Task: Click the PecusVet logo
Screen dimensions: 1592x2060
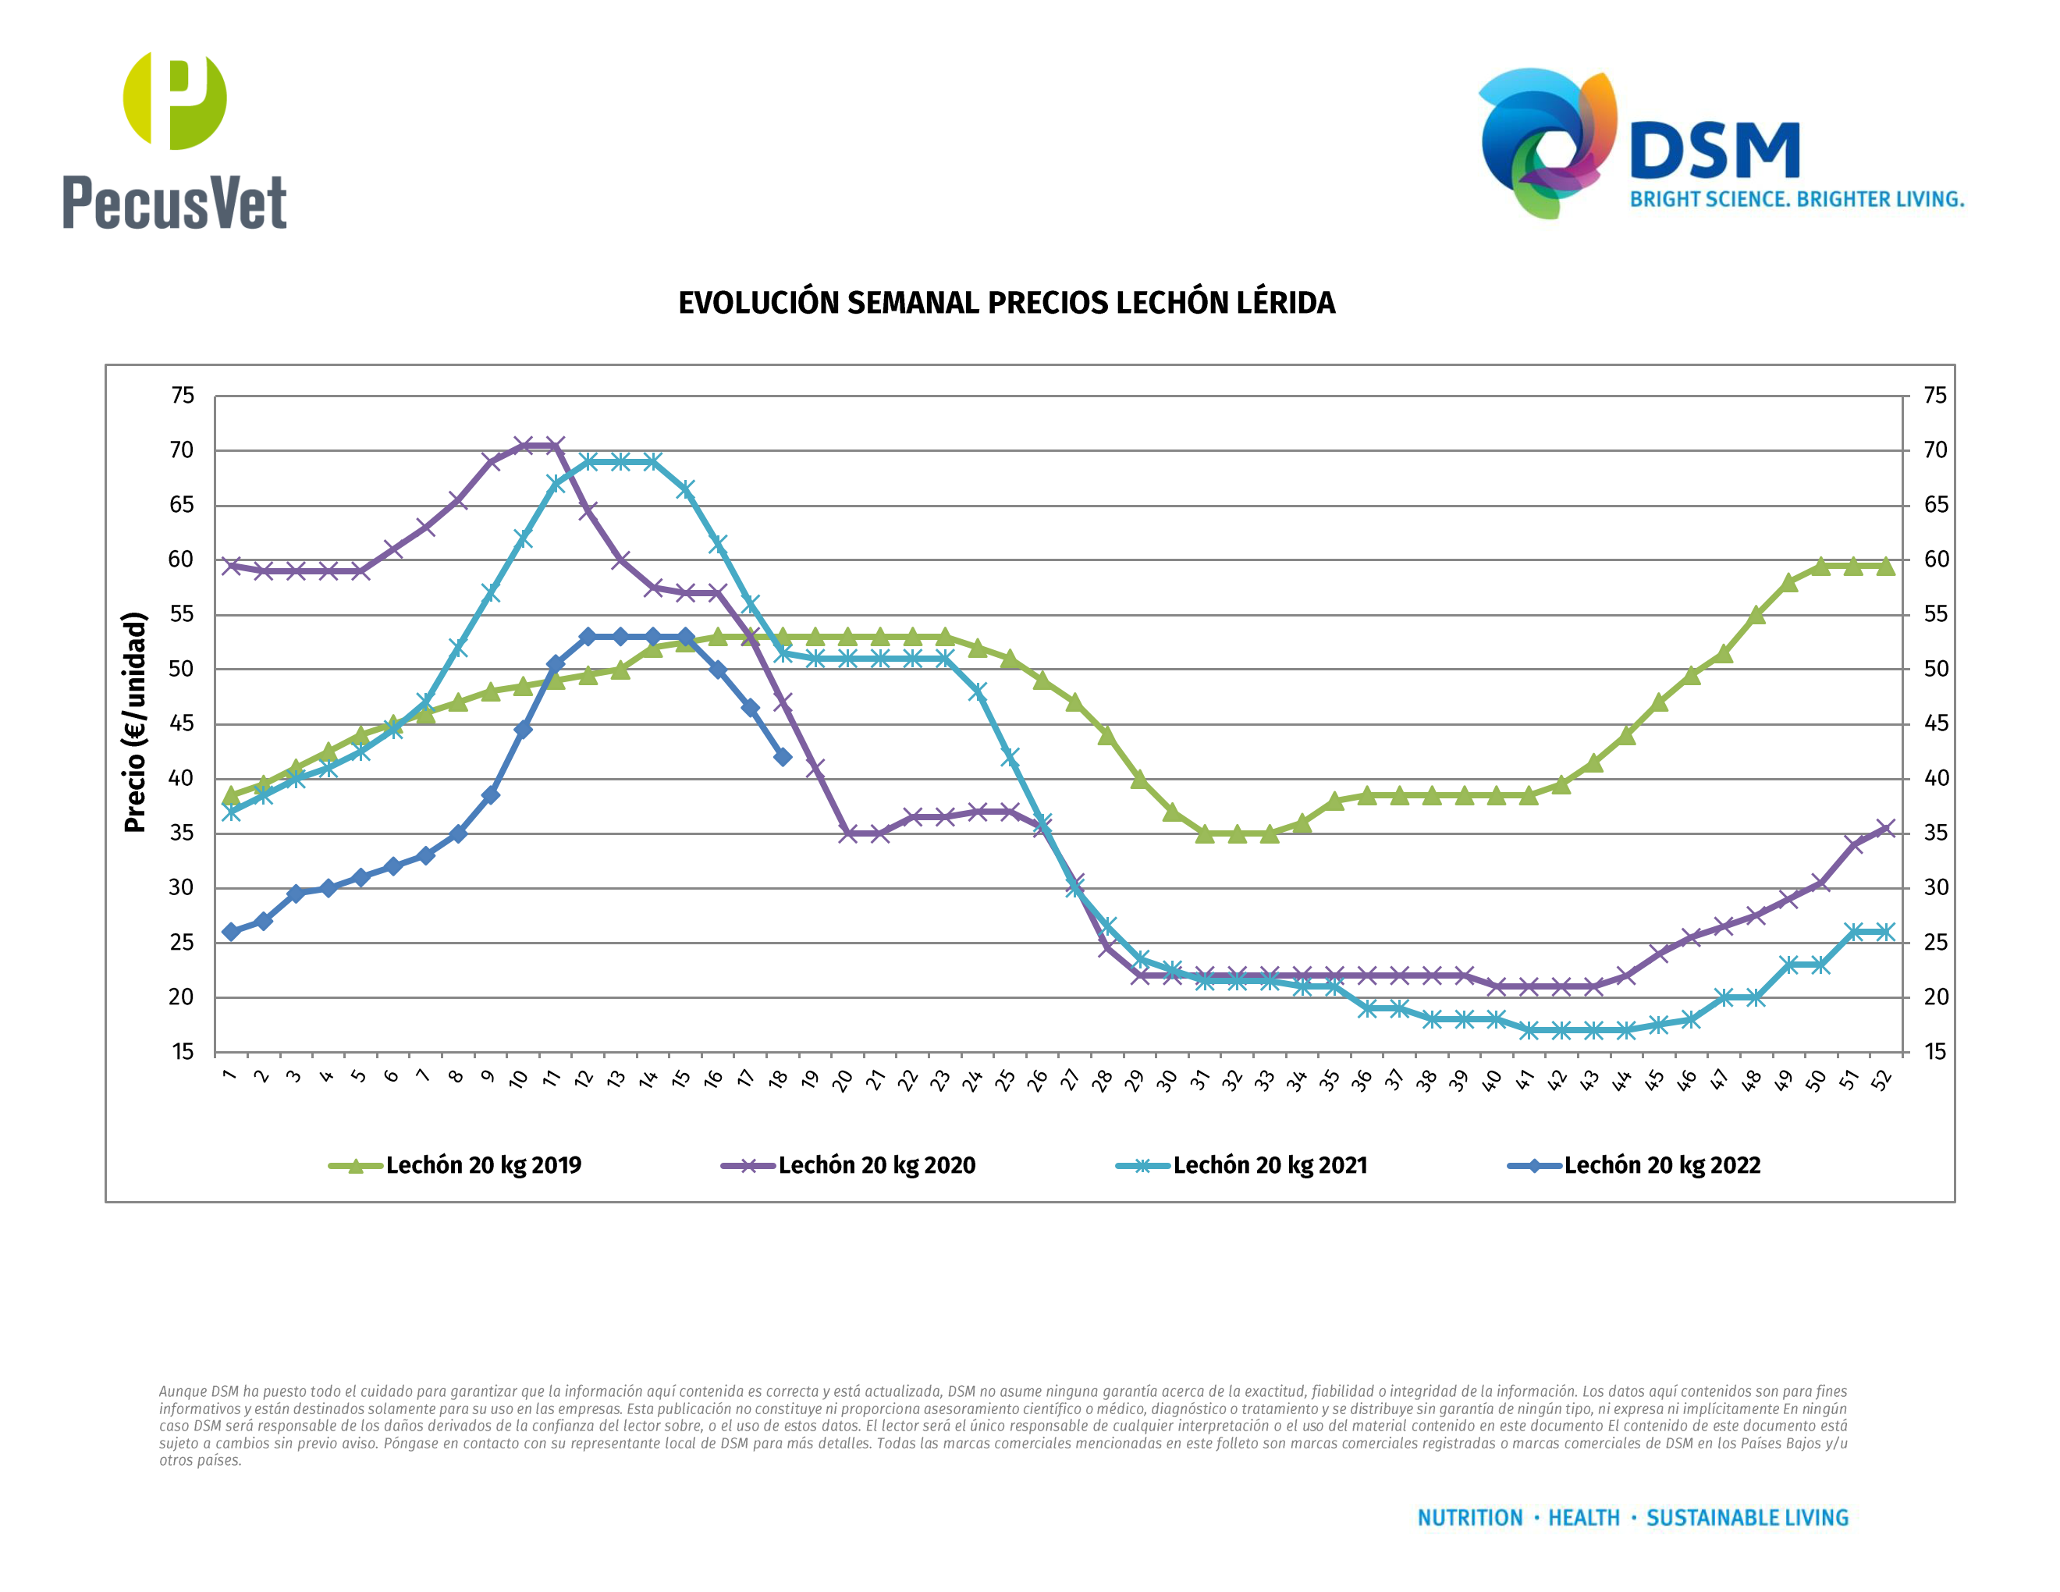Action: (175, 141)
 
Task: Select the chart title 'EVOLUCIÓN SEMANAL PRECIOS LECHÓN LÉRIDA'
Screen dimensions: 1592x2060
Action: (1007, 303)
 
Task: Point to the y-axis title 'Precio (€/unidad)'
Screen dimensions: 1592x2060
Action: (136, 722)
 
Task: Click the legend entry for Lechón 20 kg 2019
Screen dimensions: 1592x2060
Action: (456, 1166)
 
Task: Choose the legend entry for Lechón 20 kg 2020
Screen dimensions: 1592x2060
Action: (848, 1166)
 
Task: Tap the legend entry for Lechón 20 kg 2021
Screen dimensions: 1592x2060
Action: (1241, 1166)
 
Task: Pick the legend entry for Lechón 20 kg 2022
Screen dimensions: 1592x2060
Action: (1635, 1166)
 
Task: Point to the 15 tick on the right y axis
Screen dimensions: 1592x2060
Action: (1935, 1052)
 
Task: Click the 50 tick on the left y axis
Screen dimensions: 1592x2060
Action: (182, 670)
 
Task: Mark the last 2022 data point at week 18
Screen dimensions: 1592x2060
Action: (782, 756)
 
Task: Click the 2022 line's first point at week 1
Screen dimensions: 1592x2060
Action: (231, 932)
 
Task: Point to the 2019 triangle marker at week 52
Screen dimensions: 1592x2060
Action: (1885, 566)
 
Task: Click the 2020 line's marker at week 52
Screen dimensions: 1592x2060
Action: (1885, 829)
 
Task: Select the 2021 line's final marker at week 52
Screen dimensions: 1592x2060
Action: (1885, 932)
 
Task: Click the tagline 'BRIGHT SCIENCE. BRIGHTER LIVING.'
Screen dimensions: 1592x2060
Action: (1797, 200)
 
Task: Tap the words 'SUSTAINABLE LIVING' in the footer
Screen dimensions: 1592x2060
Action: (1747, 1518)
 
